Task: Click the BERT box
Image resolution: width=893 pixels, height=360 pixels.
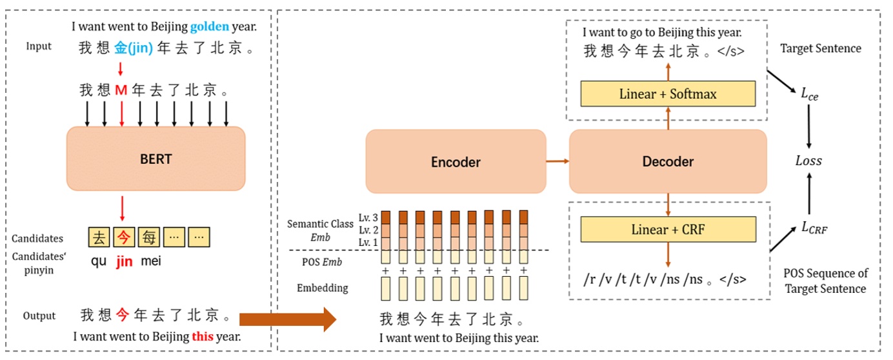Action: coord(156,159)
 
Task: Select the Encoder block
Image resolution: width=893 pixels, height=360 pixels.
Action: coord(456,162)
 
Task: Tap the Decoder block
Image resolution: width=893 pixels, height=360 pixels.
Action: coord(668,162)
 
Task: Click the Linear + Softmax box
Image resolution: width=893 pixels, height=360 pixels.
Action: coord(668,94)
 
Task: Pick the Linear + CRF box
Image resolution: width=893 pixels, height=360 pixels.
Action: coord(668,230)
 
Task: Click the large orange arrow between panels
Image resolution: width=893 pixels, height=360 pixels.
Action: coord(287,318)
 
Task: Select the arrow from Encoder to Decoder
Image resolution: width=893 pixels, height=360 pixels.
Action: coord(557,162)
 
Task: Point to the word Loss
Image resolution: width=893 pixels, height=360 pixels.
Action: coord(808,161)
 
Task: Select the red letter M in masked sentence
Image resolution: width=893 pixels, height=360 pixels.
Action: coord(121,90)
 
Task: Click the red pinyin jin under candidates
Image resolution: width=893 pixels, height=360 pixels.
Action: coord(123,263)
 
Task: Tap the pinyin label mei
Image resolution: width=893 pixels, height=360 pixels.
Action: coord(150,263)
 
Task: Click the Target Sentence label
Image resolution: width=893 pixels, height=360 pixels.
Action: coord(820,48)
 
